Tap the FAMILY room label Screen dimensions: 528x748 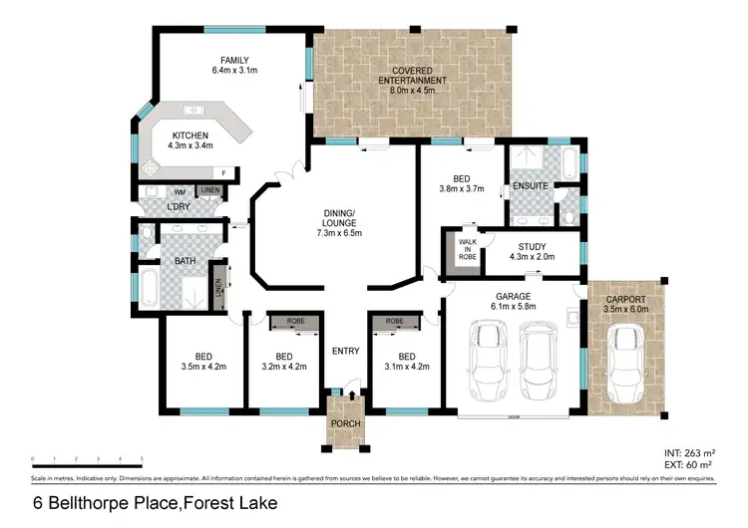[235, 60]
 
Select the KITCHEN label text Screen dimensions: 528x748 [189, 134]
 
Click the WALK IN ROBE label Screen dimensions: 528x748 [466, 248]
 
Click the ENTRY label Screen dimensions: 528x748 [344, 350]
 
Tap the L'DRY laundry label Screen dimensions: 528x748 [179, 206]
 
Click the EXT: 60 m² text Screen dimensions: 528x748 [689, 464]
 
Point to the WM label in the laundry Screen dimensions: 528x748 [181, 191]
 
